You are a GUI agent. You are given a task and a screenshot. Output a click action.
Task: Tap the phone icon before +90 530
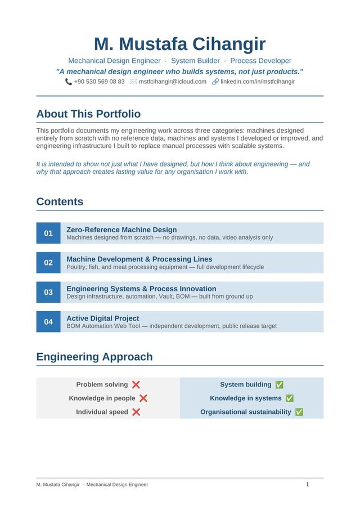pyautogui.click(x=69, y=82)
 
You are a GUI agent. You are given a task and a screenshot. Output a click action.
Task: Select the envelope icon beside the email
pyautogui.click(x=133, y=82)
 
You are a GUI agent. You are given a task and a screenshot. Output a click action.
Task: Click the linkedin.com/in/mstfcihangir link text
pyautogui.click(x=257, y=82)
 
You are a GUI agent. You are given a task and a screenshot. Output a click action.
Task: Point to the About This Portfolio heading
pyautogui.click(x=88, y=114)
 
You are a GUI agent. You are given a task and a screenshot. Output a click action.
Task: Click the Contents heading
pyautogui.click(x=60, y=202)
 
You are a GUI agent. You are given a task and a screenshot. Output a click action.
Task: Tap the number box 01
pyautogui.click(x=48, y=233)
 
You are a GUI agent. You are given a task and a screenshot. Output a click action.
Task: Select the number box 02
pyautogui.click(x=48, y=263)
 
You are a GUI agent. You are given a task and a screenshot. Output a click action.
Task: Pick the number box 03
pyautogui.click(x=48, y=292)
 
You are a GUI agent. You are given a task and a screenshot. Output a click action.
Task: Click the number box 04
pyautogui.click(x=48, y=322)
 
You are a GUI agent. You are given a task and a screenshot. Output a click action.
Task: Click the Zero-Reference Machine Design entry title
pyautogui.click(x=121, y=229)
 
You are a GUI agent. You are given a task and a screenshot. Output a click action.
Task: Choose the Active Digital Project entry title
pyautogui.click(x=102, y=318)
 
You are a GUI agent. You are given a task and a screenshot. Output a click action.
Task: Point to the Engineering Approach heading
pyautogui.click(x=94, y=357)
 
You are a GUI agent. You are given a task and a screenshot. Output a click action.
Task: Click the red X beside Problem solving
pyautogui.click(x=136, y=385)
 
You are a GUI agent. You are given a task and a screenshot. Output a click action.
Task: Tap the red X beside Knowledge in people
pyautogui.click(x=143, y=398)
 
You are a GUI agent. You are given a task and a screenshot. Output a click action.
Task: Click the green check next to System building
pyautogui.click(x=280, y=385)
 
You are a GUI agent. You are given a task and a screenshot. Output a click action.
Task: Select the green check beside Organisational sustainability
pyautogui.click(x=299, y=412)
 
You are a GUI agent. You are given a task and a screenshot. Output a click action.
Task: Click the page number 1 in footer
pyautogui.click(x=308, y=484)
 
